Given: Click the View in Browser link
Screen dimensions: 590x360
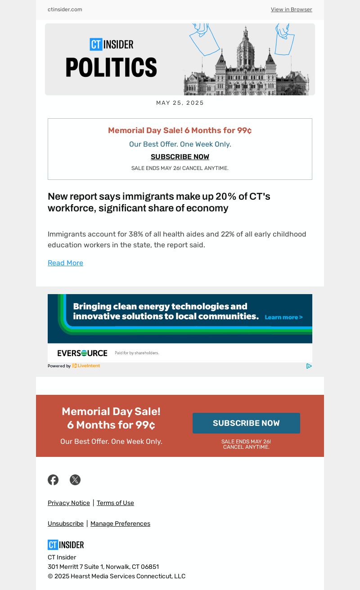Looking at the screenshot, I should click(291, 9).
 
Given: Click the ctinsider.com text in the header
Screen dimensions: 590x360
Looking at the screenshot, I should click(65, 9).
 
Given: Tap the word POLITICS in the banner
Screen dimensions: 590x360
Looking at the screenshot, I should click(111, 67).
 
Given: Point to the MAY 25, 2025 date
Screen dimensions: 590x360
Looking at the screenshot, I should click(180, 103).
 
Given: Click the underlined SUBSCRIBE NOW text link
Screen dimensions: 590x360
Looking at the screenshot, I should click(180, 157).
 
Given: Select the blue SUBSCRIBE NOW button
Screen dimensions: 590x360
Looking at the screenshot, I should click(246, 423).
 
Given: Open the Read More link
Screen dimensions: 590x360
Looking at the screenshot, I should click(65, 263).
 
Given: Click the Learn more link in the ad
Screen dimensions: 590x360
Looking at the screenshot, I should click(283, 317).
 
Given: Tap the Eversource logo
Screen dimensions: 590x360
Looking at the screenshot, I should click(82, 353).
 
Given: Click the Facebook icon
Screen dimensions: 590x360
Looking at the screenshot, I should click(53, 480).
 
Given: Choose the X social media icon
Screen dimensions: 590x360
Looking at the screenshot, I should click(75, 480).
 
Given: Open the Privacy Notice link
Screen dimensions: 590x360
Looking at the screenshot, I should click(69, 503).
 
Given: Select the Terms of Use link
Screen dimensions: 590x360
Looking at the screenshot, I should click(115, 503).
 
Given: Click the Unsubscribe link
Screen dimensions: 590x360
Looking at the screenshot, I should click(66, 524).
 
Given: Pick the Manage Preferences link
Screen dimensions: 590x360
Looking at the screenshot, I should click(120, 524).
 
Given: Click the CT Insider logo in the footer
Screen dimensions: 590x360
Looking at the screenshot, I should click(66, 545).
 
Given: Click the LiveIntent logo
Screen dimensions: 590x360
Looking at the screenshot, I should click(86, 366).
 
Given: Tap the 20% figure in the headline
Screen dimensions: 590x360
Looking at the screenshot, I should click(225, 197).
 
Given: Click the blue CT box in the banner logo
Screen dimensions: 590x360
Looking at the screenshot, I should click(96, 44).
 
